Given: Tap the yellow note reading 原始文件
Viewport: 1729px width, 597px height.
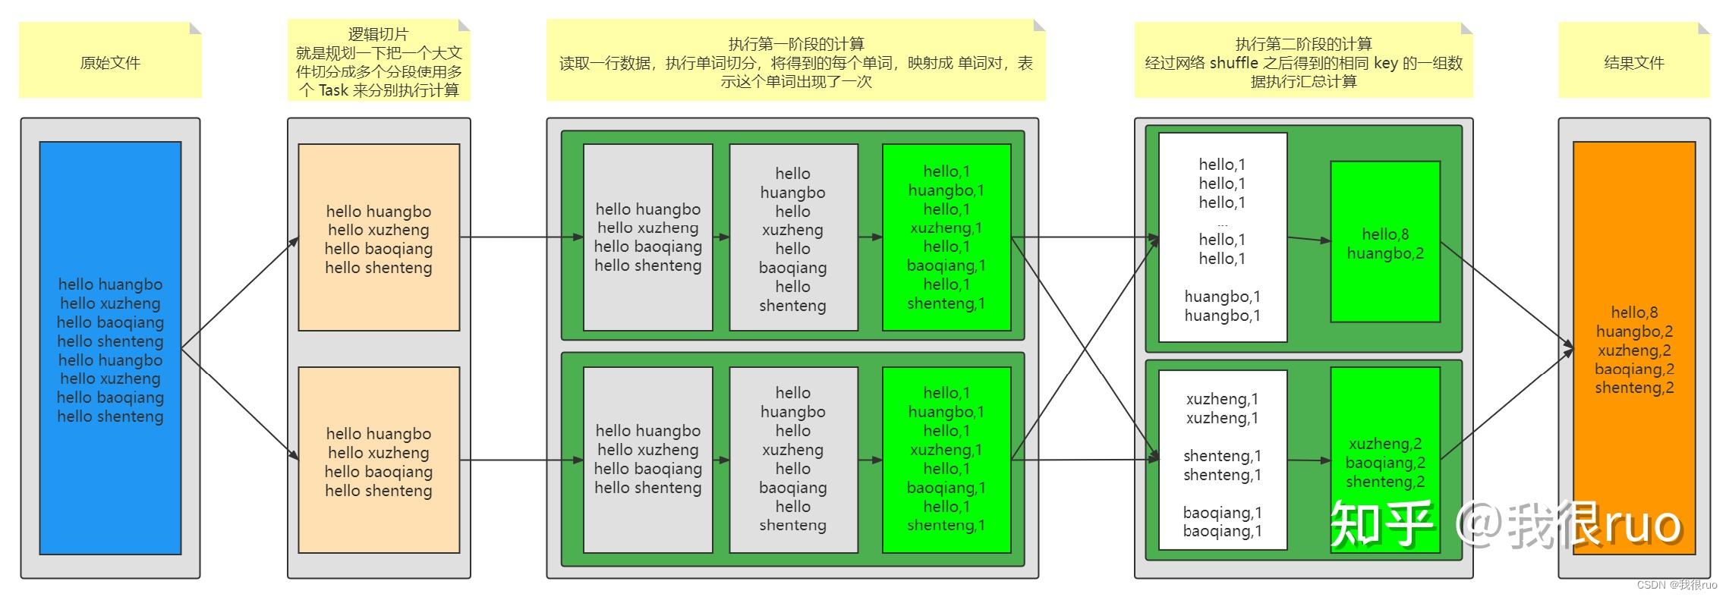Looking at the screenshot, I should (110, 63).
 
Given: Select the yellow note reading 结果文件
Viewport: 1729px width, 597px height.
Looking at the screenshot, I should (1633, 63).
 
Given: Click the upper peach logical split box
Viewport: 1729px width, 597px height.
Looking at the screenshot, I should (379, 237).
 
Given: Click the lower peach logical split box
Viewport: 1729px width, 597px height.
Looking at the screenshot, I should (379, 460).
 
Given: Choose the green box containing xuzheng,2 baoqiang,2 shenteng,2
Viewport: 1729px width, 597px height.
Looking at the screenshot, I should (1384, 410).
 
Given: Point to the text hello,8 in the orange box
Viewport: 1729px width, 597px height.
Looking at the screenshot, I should (1634, 313).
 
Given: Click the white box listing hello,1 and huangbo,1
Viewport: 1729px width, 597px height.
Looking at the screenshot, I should (1222, 237).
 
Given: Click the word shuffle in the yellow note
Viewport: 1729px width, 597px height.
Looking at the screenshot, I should (1233, 63).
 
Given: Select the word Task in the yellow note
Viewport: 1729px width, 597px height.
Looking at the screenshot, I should (333, 91).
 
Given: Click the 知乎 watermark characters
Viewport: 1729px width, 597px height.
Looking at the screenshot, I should (1381, 523).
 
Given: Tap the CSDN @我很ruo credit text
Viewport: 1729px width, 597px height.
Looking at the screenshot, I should (1676, 585).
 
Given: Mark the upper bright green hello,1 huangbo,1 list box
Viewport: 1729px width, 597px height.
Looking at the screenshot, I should (946, 237).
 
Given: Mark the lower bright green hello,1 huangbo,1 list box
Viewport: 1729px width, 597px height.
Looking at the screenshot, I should (946, 460).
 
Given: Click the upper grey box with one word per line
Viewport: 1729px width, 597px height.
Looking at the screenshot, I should (793, 237).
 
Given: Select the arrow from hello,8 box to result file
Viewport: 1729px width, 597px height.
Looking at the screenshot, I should (1507, 296).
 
